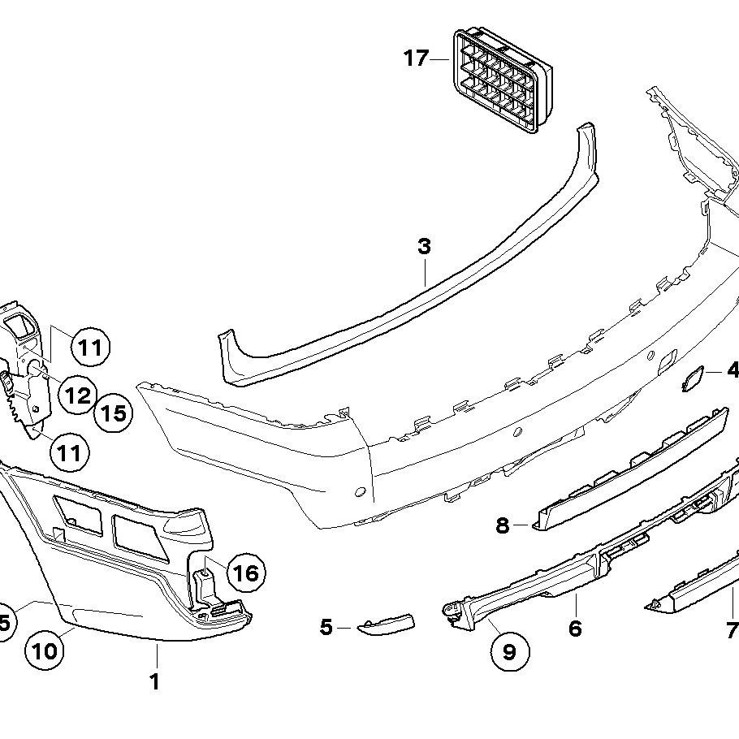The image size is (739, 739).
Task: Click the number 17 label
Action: coord(416,58)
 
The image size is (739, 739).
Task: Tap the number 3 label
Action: coord(424,246)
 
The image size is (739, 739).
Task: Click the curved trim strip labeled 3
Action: coord(406,288)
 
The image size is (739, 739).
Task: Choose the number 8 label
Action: coord(503,525)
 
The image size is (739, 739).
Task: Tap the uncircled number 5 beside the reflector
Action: coord(326,627)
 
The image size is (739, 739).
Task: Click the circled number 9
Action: coord(509,651)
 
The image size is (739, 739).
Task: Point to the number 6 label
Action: coord(575,628)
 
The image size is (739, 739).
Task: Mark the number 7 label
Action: coord(731,629)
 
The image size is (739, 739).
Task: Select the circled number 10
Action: coord(45,650)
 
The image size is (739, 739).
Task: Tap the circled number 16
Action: coord(245,573)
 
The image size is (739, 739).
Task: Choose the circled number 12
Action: coord(78,395)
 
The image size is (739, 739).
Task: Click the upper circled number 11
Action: coord(89,348)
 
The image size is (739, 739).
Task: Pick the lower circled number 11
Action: coord(70,452)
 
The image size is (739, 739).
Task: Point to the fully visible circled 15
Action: coord(113,413)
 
